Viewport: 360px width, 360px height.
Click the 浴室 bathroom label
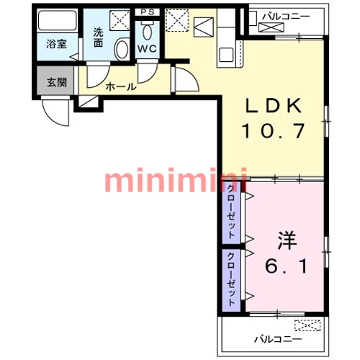click(x=56, y=44)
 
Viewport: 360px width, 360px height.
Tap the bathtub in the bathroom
click(x=57, y=20)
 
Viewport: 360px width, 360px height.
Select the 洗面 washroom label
click(x=98, y=37)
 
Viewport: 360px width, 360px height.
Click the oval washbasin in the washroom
click(x=122, y=50)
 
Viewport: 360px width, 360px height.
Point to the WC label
click(x=147, y=49)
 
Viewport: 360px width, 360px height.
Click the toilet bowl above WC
click(x=147, y=32)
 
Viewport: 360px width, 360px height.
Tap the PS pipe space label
click(x=147, y=12)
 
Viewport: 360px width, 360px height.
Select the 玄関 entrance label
click(x=57, y=82)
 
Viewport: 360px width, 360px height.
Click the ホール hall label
click(x=121, y=86)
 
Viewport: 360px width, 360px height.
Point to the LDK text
click(x=274, y=106)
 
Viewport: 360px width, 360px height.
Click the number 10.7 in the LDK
click(x=274, y=131)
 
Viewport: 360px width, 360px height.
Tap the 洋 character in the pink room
click(x=287, y=240)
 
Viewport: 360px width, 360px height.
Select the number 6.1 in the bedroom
click(x=286, y=266)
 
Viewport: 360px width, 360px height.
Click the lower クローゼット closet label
click(x=231, y=279)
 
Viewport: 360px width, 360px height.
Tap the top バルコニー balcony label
click(x=286, y=17)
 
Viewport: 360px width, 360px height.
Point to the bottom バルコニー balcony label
click(x=278, y=339)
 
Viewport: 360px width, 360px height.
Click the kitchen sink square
click(x=226, y=55)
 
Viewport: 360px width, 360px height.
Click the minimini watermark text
click(x=176, y=180)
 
